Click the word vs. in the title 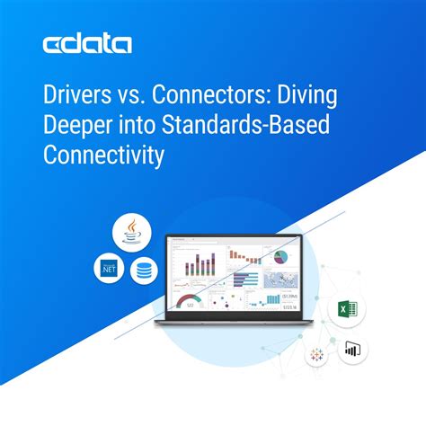coord(132,95)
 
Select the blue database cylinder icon coord(142,271)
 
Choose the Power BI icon coord(351,349)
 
